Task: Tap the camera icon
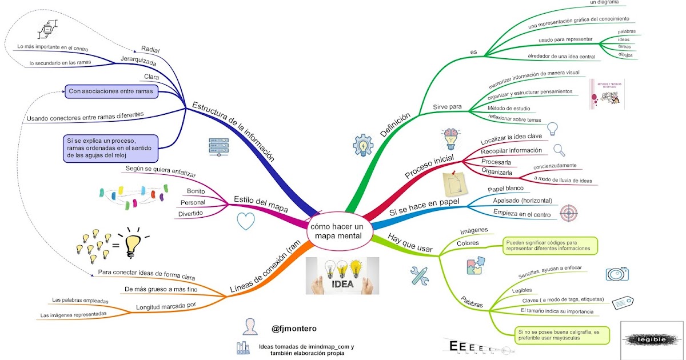pos(617,273)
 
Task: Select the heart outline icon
pos(245,221)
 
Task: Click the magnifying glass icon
pos(559,150)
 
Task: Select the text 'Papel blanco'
pos(506,189)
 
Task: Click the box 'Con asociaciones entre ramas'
pos(111,91)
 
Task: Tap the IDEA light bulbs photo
pos(342,275)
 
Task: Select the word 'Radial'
pos(150,49)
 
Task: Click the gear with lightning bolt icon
pos(363,146)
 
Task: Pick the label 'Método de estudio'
pos(509,109)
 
